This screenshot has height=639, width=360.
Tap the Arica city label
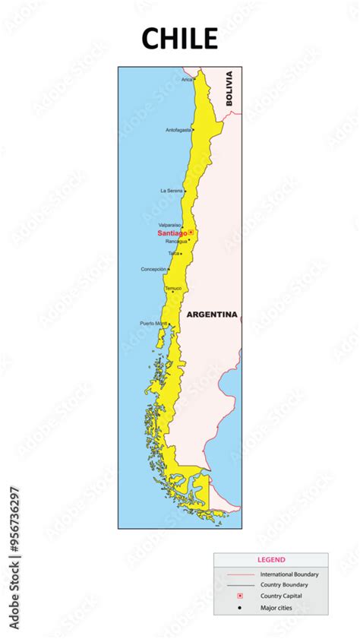(x=187, y=79)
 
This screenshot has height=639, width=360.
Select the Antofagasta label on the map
(x=178, y=130)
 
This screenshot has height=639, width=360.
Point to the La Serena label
(x=171, y=190)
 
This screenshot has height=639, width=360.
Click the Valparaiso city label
(x=169, y=225)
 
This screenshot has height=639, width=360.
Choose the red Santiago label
(x=172, y=233)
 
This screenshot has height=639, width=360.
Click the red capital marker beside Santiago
(x=191, y=233)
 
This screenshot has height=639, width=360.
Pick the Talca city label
(x=174, y=253)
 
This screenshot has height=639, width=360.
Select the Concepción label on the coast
(x=153, y=269)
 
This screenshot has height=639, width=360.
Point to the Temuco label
(x=173, y=288)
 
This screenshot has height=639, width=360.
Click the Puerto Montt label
(x=153, y=324)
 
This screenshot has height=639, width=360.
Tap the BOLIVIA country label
(x=229, y=88)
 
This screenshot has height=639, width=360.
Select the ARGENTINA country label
(x=212, y=314)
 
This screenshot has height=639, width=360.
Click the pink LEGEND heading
(x=271, y=559)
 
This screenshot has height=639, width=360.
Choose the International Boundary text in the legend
(x=289, y=574)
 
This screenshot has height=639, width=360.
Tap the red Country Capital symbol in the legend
(x=239, y=596)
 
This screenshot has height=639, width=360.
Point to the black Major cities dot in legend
(x=239, y=607)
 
